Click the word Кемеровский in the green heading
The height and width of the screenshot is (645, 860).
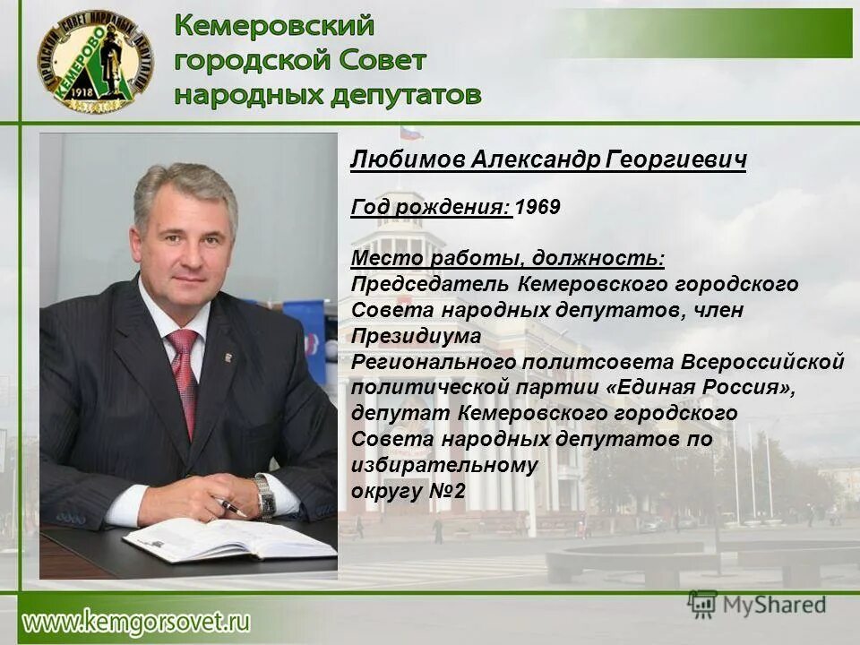point(274,26)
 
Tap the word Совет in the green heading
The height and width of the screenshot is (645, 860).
point(383,60)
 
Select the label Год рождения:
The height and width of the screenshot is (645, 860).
point(431,207)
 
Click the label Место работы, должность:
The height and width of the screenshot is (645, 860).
point(507,259)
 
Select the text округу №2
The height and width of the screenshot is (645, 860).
point(408,492)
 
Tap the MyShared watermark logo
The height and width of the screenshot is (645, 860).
point(757,605)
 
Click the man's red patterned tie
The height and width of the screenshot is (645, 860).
point(185,376)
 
